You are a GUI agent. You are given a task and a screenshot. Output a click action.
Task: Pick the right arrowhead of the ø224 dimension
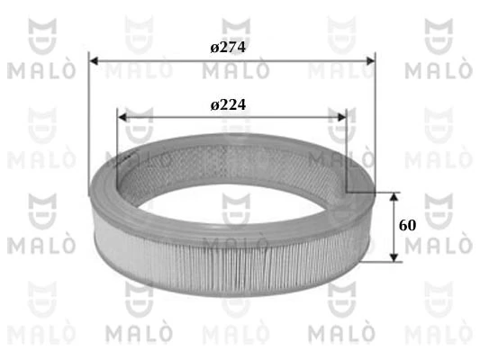pos(342,116)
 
